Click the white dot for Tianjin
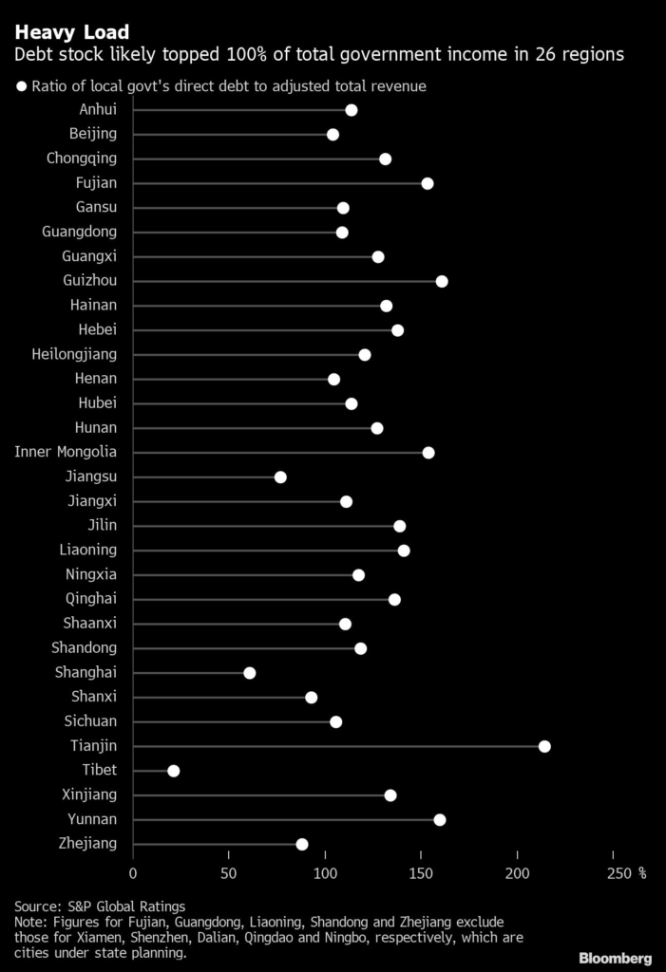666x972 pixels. point(544,746)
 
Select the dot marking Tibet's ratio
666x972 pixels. point(173,771)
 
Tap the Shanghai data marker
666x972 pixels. point(249,673)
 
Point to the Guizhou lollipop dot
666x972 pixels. point(442,281)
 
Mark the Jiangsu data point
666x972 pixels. point(280,477)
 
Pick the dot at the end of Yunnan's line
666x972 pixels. point(439,820)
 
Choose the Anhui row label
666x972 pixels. point(98,109)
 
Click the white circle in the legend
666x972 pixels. point(20,86)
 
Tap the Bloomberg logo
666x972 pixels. point(615,957)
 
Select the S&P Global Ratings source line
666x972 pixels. point(100,907)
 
